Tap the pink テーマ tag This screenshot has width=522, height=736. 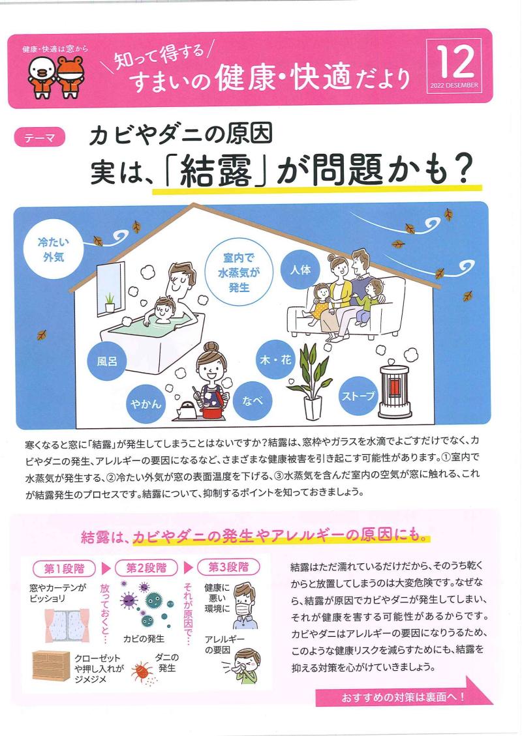tap(39, 138)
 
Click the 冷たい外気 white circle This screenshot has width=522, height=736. tap(53, 249)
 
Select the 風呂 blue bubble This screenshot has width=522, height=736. tap(106, 361)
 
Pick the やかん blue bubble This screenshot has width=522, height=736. tap(146, 404)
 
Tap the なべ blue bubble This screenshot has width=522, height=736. tap(252, 401)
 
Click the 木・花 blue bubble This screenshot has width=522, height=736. tap(276, 360)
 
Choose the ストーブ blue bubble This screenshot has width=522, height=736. tap(358, 396)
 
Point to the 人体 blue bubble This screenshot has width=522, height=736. tap(300, 270)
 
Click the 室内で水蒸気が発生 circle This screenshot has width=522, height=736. tap(239, 272)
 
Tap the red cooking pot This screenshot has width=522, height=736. tap(212, 411)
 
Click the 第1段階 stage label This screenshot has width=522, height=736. tap(65, 568)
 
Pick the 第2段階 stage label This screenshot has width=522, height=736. tap(146, 568)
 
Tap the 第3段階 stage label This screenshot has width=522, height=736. tap(229, 567)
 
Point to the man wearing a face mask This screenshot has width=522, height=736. tap(245, 605)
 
